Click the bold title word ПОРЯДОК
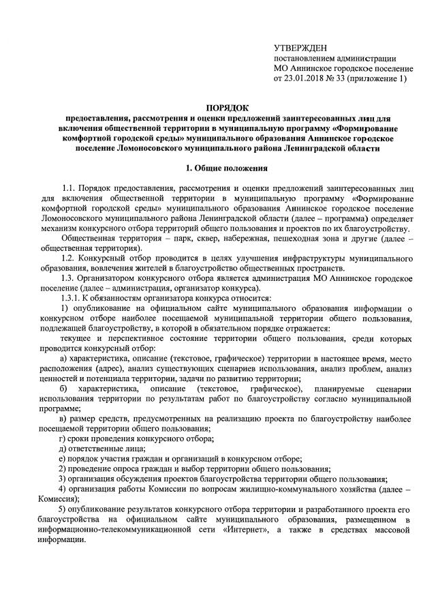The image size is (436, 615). pyautogui.click(x=228, y=108)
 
